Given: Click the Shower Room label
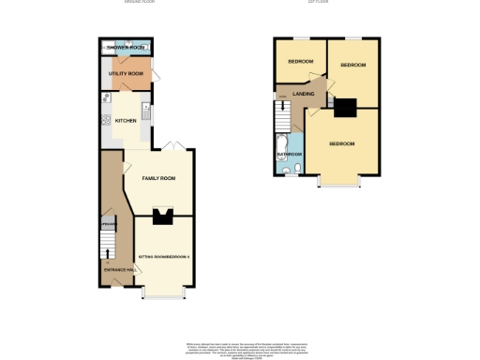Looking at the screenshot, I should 124,47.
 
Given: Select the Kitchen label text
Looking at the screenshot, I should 126,121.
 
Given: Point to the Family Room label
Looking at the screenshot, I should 158,178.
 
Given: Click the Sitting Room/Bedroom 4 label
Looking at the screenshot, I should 164,256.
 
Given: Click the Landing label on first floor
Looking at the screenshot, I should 303,95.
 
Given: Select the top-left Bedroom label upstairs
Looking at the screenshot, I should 300,62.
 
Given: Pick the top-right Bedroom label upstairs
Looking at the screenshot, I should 352,65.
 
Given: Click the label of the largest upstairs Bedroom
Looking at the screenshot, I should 342,143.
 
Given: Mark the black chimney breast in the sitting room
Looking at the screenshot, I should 164,218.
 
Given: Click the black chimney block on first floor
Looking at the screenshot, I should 344,109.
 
